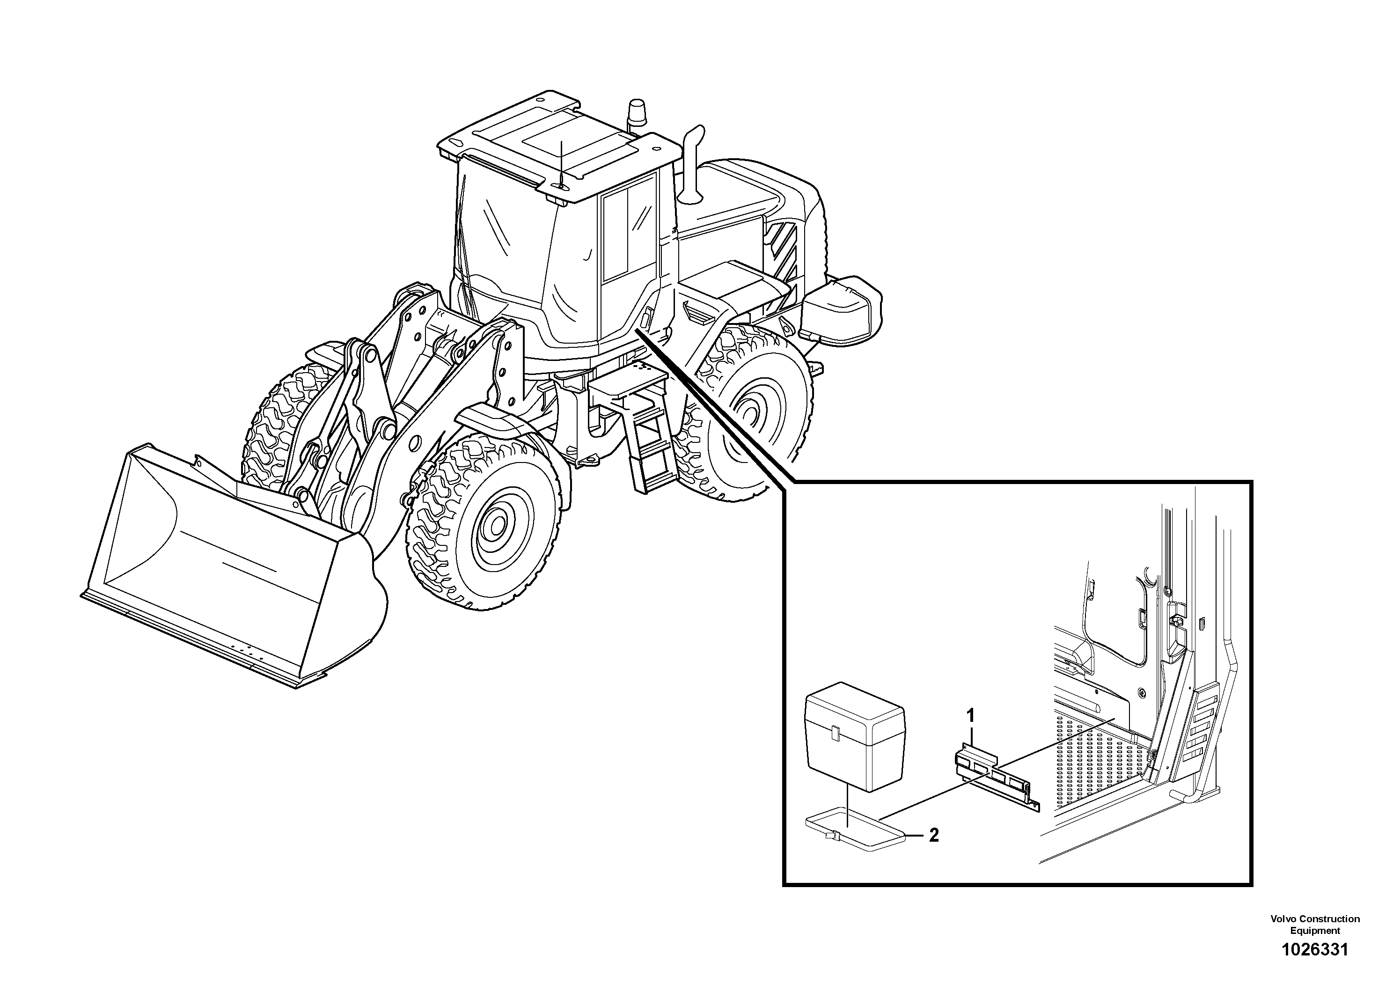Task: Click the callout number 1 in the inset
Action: (x=970, y=716)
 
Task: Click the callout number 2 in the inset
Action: (x=934, y=835)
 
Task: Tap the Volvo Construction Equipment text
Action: (x=1315, y=925)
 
